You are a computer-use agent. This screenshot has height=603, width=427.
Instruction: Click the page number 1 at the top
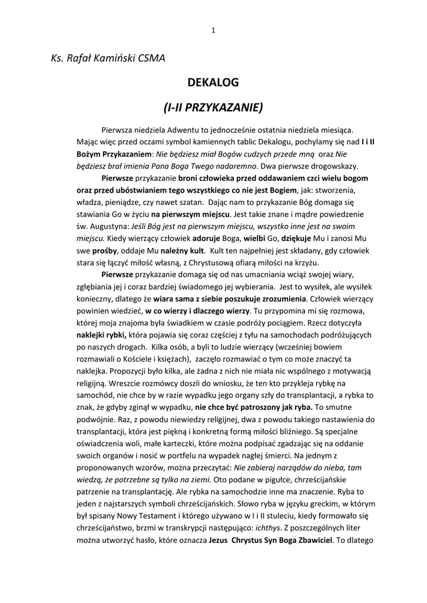(213, 31)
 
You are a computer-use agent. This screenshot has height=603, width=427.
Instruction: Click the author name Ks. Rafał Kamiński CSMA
(108, 58)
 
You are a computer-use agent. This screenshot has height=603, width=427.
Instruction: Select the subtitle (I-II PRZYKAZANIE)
(213, 108)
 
